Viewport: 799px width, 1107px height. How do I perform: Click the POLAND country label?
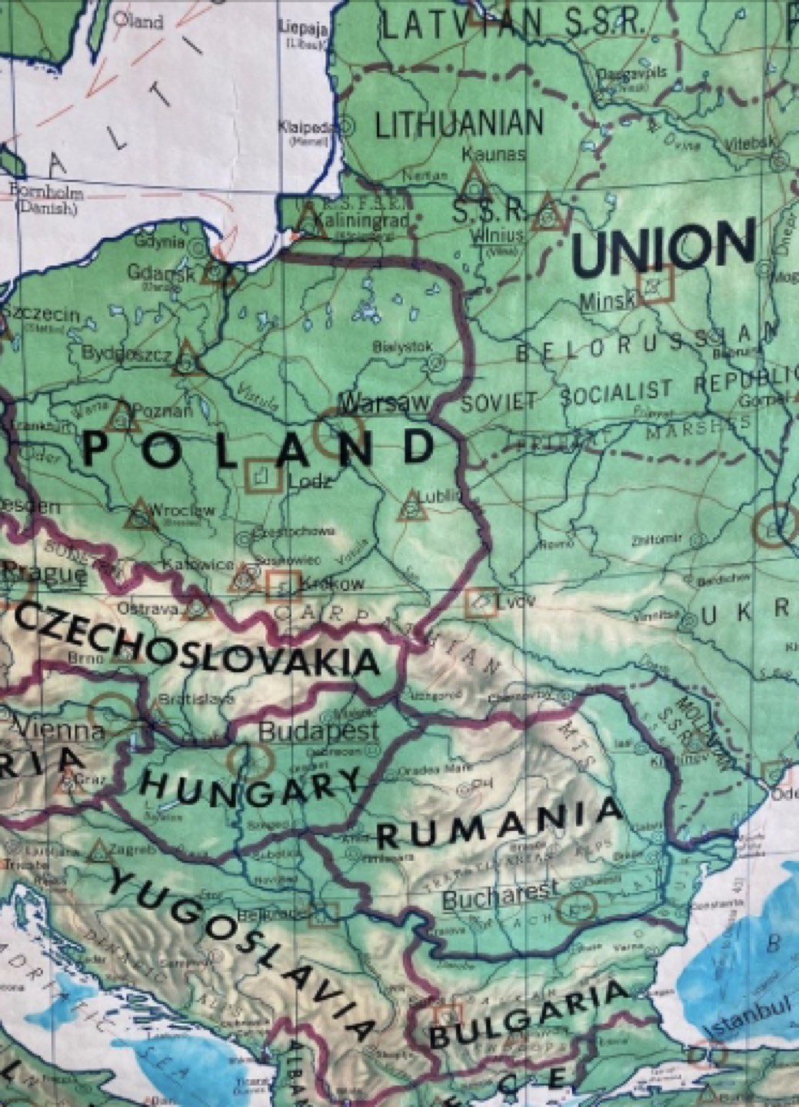click(258, 448)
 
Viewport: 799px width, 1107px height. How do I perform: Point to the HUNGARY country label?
click(249, 789)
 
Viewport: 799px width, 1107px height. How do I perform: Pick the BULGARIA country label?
click(531, 1014)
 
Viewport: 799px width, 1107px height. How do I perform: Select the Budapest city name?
click(318, 730)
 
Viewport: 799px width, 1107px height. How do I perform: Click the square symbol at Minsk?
click(656, 284)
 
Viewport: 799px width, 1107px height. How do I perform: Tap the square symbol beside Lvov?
click(481, 603)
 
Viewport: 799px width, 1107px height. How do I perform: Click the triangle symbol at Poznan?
click(121, 416)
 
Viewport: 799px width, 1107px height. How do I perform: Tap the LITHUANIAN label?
click(459, 124)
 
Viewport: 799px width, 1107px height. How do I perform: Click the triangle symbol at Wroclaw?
click(140, 514)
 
